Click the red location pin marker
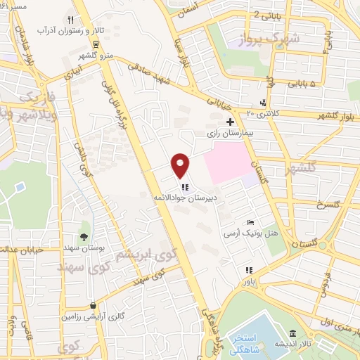[x=181, y=165]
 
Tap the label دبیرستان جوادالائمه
[x=185, y=198]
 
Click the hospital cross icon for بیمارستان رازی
[x=229, y=122]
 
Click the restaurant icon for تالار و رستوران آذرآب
[x=70, y=20]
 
